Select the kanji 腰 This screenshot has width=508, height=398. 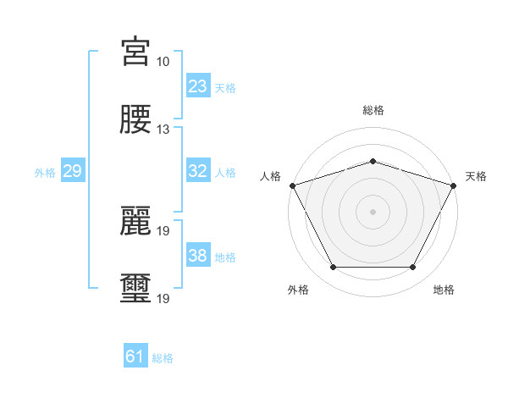click(135, 119)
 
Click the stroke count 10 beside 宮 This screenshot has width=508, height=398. click(163, 62)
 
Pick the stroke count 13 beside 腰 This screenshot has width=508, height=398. click(163, 130)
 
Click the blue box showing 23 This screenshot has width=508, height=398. click(198, 86)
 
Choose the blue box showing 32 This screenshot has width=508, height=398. click(198, 171)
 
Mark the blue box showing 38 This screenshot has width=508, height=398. click(198, 256)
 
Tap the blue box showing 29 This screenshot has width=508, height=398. click(73, 171)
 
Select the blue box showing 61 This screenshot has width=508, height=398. click(135, 357)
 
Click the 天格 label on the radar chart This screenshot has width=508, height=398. click(477, 176)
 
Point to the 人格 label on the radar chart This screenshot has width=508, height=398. click(270, 176)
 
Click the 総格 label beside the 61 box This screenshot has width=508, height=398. click(163, 358)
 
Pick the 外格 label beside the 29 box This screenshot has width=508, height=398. click(45, 172)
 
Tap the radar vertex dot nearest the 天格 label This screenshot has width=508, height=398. click(454, 185)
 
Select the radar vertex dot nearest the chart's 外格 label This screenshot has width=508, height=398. click(333, 268)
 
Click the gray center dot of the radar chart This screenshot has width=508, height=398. click(373, 211)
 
